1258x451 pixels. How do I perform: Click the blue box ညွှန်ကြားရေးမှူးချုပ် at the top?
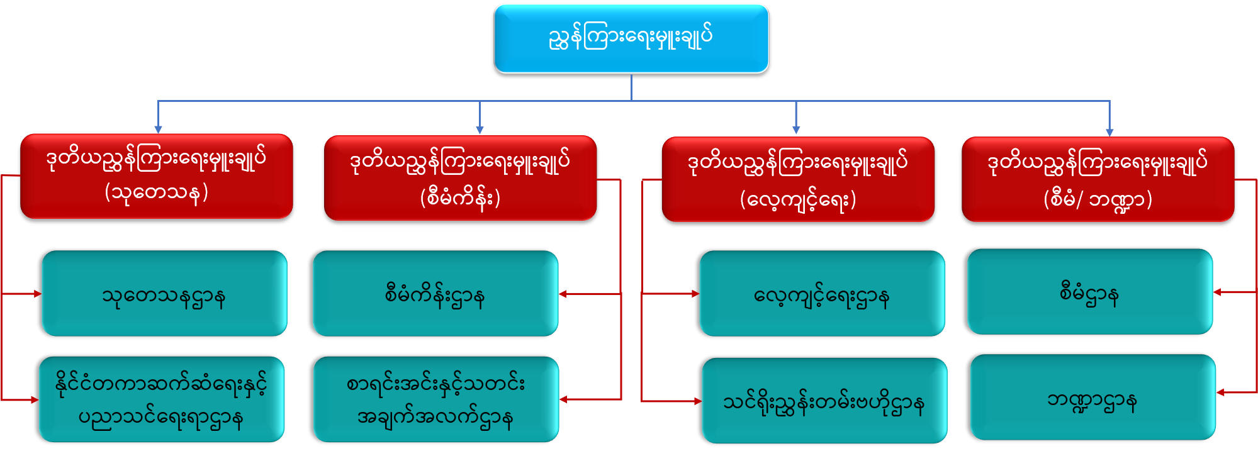[631, 38]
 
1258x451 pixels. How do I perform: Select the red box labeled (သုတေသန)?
[157, 176]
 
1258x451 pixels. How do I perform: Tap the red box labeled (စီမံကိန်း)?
[460, 178]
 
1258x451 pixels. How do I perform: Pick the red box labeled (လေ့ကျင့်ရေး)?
[798, 179]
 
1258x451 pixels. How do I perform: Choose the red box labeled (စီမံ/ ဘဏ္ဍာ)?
[1098, 179]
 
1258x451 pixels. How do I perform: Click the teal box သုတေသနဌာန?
[164, 294]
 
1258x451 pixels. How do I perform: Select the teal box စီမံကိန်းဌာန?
[435, 294]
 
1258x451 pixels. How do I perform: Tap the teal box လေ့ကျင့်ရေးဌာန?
[822, 294]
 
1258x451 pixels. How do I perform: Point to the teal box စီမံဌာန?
[1090, 292]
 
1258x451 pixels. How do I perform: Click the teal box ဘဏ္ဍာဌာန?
[1092, 398]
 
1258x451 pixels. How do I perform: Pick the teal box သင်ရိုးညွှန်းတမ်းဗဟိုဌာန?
[824, 401]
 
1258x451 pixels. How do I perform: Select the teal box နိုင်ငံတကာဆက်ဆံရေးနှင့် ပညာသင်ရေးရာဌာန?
[162, 399]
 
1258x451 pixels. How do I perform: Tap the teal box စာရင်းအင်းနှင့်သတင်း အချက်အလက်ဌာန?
[435, 399]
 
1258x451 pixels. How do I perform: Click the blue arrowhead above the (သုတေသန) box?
[158, 129]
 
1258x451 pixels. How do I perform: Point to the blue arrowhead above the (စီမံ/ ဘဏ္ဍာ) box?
[1109, 131]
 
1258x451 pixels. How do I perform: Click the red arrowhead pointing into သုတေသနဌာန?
[37, 294]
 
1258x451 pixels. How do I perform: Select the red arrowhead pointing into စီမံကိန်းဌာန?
[563, 294]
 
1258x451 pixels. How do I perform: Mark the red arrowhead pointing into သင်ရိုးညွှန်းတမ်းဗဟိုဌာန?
[697, 401]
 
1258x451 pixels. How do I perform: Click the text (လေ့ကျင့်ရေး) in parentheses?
[798, 200]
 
